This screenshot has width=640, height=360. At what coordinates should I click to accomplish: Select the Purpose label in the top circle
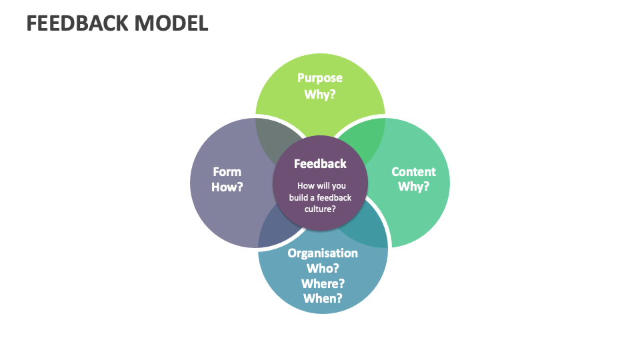click(x=320, y=78)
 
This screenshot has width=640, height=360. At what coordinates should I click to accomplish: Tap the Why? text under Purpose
click(x=320, y=94)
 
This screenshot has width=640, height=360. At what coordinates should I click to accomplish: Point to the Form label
click(x=227, y=171)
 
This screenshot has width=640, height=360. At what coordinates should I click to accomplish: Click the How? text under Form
click(x=227, y=187)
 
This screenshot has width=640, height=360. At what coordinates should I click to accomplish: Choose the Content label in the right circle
click(x=413, y=171)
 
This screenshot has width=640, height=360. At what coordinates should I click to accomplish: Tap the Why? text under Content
click(x=413, y=187)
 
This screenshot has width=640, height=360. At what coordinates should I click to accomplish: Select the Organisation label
click(x=323, y=253)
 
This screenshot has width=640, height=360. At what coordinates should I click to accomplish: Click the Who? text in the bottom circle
click(x=323, y=268)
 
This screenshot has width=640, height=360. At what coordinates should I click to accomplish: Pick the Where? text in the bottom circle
click(x=323, y=283)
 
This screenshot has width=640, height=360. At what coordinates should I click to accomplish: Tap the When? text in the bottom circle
click(x=323, y=298)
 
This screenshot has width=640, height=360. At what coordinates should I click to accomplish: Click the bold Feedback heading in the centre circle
click(x=320, y=163)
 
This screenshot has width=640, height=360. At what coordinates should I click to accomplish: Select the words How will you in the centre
click(x=321, y=186)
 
